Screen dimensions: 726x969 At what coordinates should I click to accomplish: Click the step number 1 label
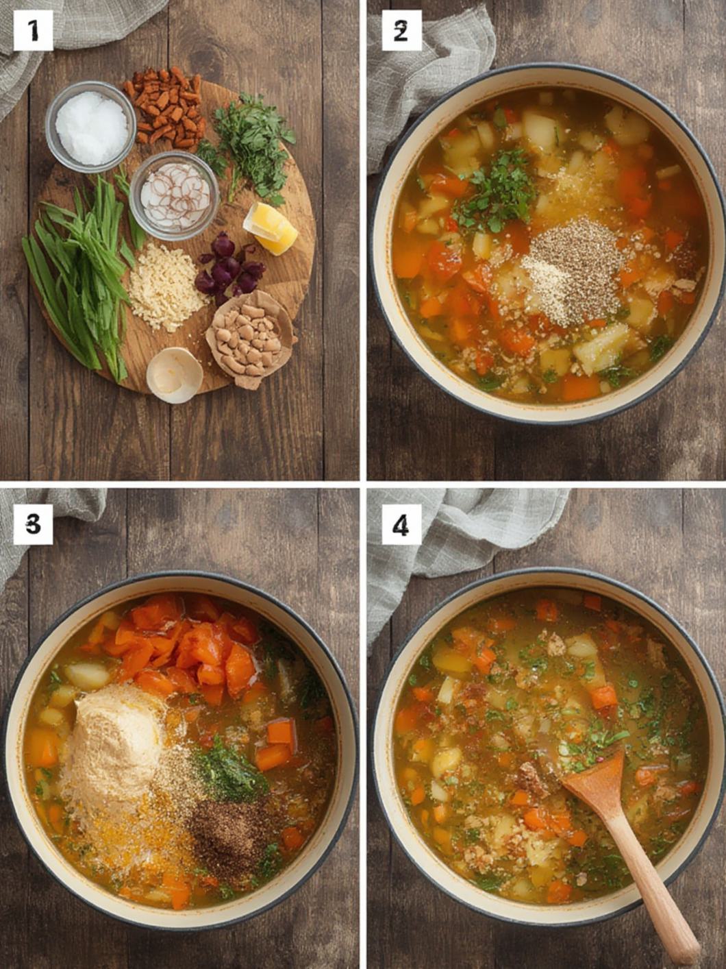(x=33, y=30)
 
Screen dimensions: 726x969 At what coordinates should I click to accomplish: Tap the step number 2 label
(x=401, y=30)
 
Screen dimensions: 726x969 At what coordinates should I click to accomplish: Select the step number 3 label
(x=33, y=525)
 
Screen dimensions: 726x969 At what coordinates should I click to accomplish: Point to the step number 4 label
(x=401, y=525)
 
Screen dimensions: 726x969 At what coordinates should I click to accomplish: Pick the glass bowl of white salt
(x=91, y=127)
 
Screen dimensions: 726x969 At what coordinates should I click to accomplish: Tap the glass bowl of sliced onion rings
(x=174, y=195)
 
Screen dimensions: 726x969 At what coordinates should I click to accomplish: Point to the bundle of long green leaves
(x=82, y=273)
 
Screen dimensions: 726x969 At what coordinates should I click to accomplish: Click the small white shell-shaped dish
(x=175, y=376)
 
